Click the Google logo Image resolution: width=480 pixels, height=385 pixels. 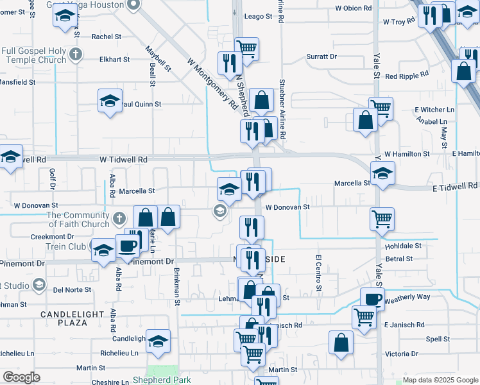pyautogui.click(x=21, y=377)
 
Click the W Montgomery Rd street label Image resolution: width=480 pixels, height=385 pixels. pyautogui.click(x=210, y=81)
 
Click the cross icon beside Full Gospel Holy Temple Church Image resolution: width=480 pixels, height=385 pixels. pyautogui.click(x=76, y=53)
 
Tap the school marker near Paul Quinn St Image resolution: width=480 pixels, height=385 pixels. pyautogui.click(x=110, y=101)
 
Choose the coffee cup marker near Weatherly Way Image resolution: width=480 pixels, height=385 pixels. pyautogui.click(x=372, y=298)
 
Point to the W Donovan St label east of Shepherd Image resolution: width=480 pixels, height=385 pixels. pyautogui.click(x=287, y=207)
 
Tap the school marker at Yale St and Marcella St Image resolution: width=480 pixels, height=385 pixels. pyautogui.click(x=382, y=173)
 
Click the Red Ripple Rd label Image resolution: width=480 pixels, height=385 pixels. pyautogui.click(x=406, y=76)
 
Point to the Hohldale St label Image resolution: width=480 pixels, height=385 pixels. pyautogui.click(x=403, y=246)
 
